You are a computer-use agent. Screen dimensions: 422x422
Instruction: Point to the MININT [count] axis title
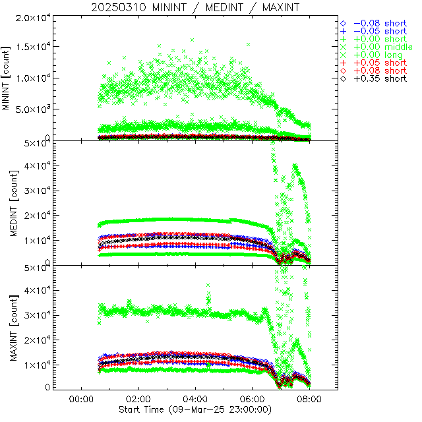click(x=7, y=78)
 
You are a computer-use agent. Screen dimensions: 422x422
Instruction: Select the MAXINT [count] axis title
click(x=7, y=327)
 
